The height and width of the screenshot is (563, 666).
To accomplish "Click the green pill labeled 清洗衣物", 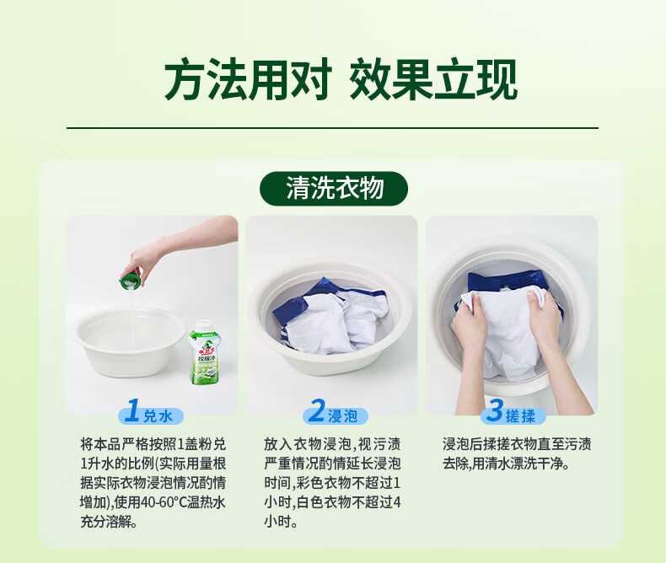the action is coord(334,189).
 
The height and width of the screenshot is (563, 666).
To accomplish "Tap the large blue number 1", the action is coord(132,410).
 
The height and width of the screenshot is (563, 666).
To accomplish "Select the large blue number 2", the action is coord(316,410).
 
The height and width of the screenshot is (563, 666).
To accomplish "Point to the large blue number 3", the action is coord(495,410).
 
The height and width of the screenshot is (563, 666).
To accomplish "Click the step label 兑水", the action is coord(158,416).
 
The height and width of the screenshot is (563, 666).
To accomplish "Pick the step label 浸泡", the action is coord(342,416).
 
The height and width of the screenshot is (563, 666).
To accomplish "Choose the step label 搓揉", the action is coord(520,416).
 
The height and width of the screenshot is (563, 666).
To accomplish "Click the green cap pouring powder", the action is coord(130,282).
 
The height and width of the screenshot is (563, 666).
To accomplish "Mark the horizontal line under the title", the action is coord(332,127).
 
